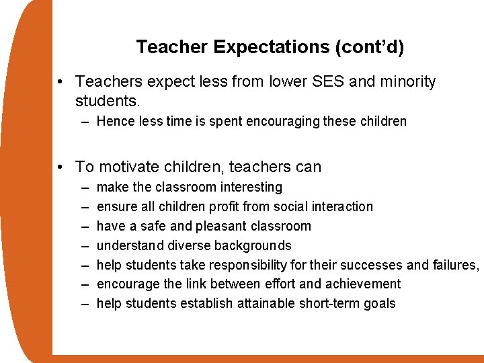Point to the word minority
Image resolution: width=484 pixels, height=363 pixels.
pos(405,82)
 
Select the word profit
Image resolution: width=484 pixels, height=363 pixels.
pos(220,206)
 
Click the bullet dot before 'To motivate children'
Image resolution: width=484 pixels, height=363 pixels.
pos(61,167)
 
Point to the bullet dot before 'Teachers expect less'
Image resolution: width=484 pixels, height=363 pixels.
pos(61,82)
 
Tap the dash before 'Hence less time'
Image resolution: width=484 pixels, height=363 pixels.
pos(85,122)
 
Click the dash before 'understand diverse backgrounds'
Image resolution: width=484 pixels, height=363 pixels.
pos(85,245)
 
